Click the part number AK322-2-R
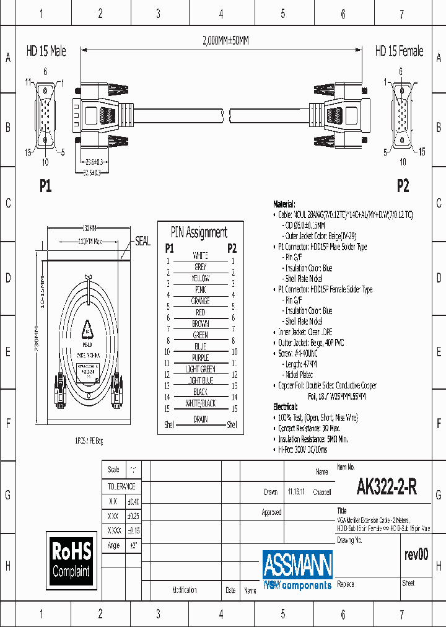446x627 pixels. click(387, 488)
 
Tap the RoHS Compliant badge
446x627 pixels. click(71, 559)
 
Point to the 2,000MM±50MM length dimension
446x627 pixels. click(225, 41)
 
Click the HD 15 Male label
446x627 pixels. click(46, 51)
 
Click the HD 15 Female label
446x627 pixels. click(399, 51)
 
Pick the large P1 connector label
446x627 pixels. click(45, 186)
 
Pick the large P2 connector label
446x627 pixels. click(403, 186)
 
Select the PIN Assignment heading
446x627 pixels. click(199, 232)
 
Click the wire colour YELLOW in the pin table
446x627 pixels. click(200, 278)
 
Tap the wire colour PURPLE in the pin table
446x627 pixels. click(200, 357)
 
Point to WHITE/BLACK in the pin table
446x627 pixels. click(200, 403)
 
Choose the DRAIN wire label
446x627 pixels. click(200, 419)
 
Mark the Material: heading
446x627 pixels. click(284, 204)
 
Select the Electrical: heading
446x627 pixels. click(286, 407)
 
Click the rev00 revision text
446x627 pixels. click(416, 555)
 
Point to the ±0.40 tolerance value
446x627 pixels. click(133, 501)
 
